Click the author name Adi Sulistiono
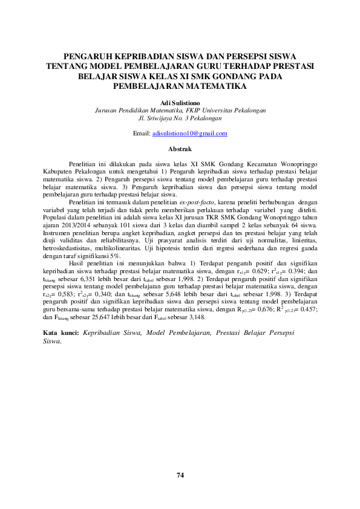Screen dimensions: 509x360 click(x=180, y=103)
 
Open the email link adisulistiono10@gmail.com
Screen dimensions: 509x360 click(x=190, y=133)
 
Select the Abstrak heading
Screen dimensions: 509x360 click(x=180, y=149)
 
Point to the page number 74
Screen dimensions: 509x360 click(x=180, y=475)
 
